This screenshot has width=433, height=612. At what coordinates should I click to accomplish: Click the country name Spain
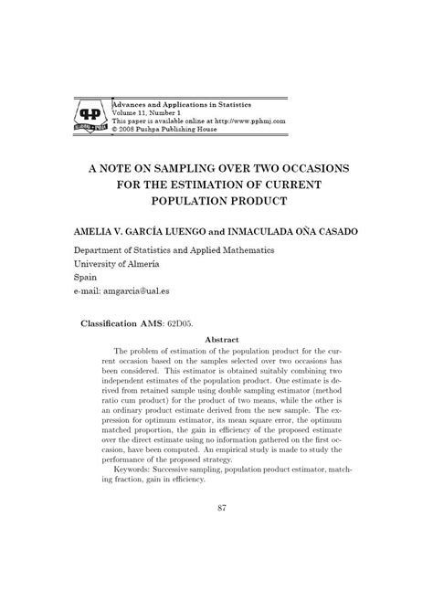coord(85,277)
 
